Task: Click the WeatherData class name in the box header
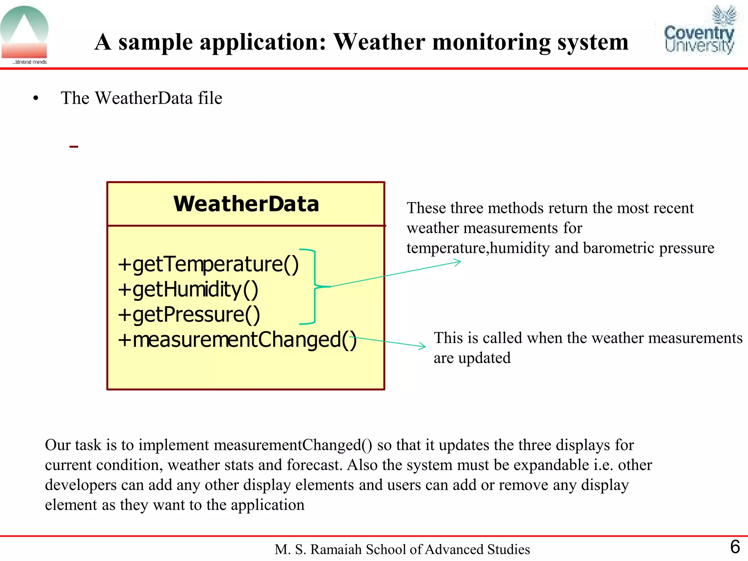246,204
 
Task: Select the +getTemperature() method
208,264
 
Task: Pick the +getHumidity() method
188,289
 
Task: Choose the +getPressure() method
189,314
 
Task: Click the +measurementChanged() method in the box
237,340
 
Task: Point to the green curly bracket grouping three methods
314,286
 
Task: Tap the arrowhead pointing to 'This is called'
423,346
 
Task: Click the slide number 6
735,547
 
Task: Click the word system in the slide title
593,42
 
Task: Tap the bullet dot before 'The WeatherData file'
35,98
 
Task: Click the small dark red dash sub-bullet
73,147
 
